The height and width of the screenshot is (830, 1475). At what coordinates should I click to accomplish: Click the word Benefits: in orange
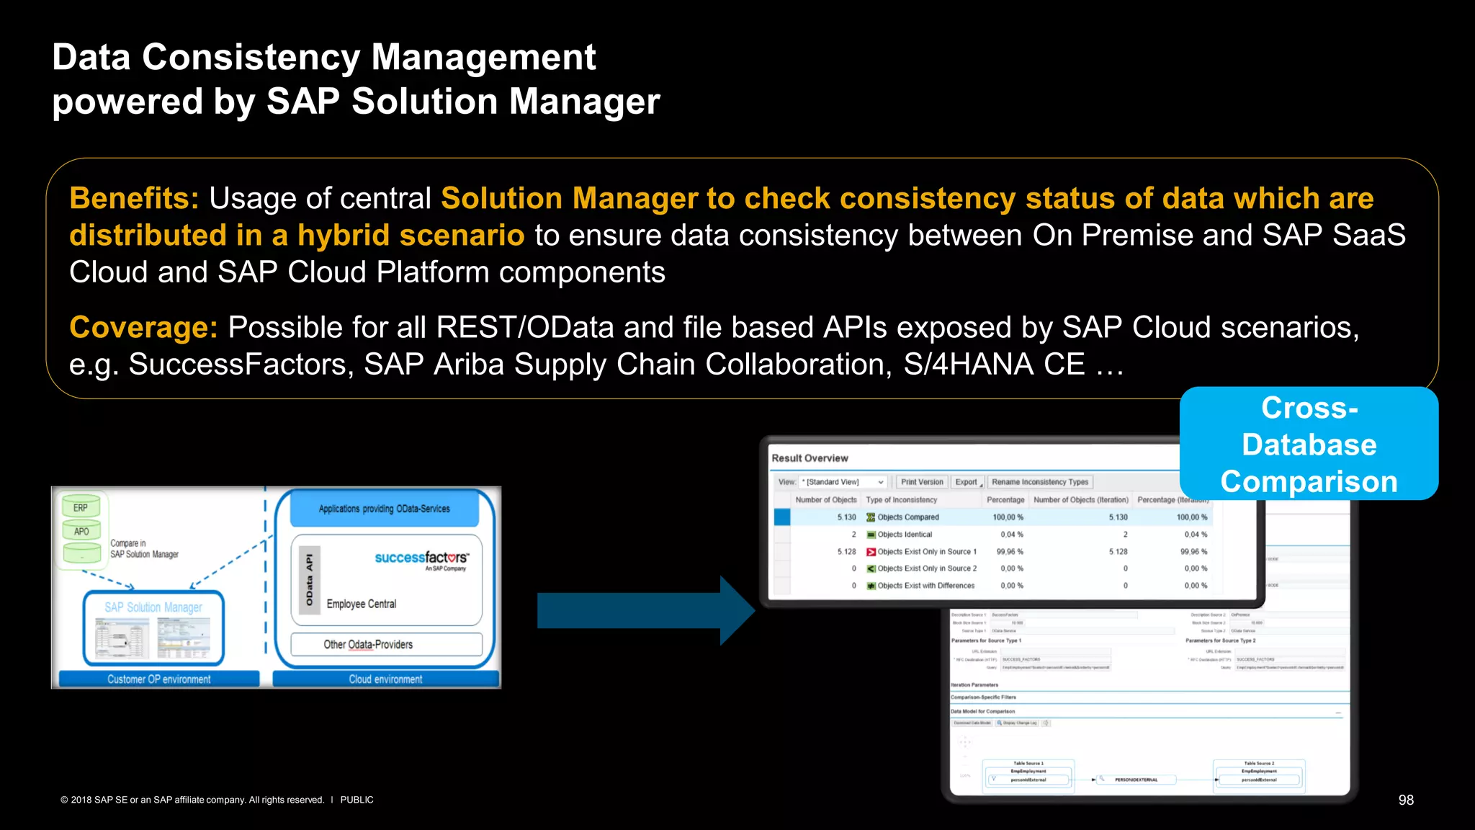pos(134,199)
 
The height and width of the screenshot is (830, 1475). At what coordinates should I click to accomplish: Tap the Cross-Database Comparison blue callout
pos(1309,445)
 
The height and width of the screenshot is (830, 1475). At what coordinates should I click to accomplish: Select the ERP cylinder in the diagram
pos(81,507)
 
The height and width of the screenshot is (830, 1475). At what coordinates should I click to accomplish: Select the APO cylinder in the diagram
pos(81,532)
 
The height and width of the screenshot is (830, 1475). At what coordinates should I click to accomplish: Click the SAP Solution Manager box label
pos(153,607)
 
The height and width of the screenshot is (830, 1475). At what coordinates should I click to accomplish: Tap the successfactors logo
pos(421,558)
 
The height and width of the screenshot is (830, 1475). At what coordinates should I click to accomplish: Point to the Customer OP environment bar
pos(159,679)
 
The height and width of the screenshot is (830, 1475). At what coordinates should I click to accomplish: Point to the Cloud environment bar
pos(385,679)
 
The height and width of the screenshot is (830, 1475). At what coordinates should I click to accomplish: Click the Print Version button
pos(922,482)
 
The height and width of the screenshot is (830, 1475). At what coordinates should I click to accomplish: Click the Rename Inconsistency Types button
pos(1040,482)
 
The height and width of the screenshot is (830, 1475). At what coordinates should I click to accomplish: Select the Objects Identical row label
pos(905,535)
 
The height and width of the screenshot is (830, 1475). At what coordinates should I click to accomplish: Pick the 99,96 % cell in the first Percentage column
pos(1010,552)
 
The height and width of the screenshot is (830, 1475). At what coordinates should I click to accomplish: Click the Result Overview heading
pos(810,458)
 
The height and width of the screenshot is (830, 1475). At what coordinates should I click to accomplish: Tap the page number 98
pos(1406,800)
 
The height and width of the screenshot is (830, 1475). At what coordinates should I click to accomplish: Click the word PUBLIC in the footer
pos(357,800)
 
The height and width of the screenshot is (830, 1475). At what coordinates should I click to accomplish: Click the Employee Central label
pos(362,604)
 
